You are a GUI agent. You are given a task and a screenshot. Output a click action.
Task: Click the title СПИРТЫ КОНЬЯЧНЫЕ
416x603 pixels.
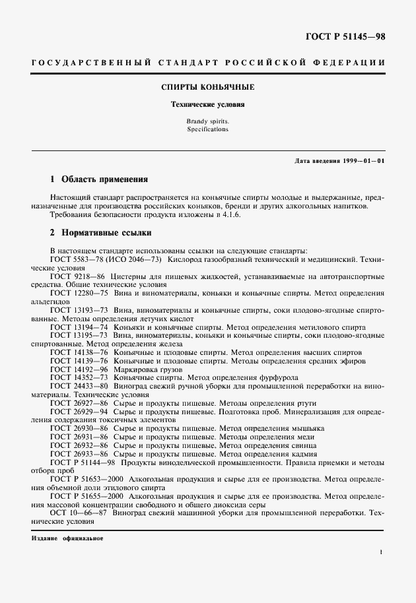208,87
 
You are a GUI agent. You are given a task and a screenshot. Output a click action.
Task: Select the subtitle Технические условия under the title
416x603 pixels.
208,104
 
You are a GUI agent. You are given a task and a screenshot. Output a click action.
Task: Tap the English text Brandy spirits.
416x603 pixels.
208,122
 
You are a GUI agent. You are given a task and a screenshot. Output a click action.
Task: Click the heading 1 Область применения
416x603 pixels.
99,179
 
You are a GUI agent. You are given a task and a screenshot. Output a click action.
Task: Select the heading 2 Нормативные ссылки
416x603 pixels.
101,232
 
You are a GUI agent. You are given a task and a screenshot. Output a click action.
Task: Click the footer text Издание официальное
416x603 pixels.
67,538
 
